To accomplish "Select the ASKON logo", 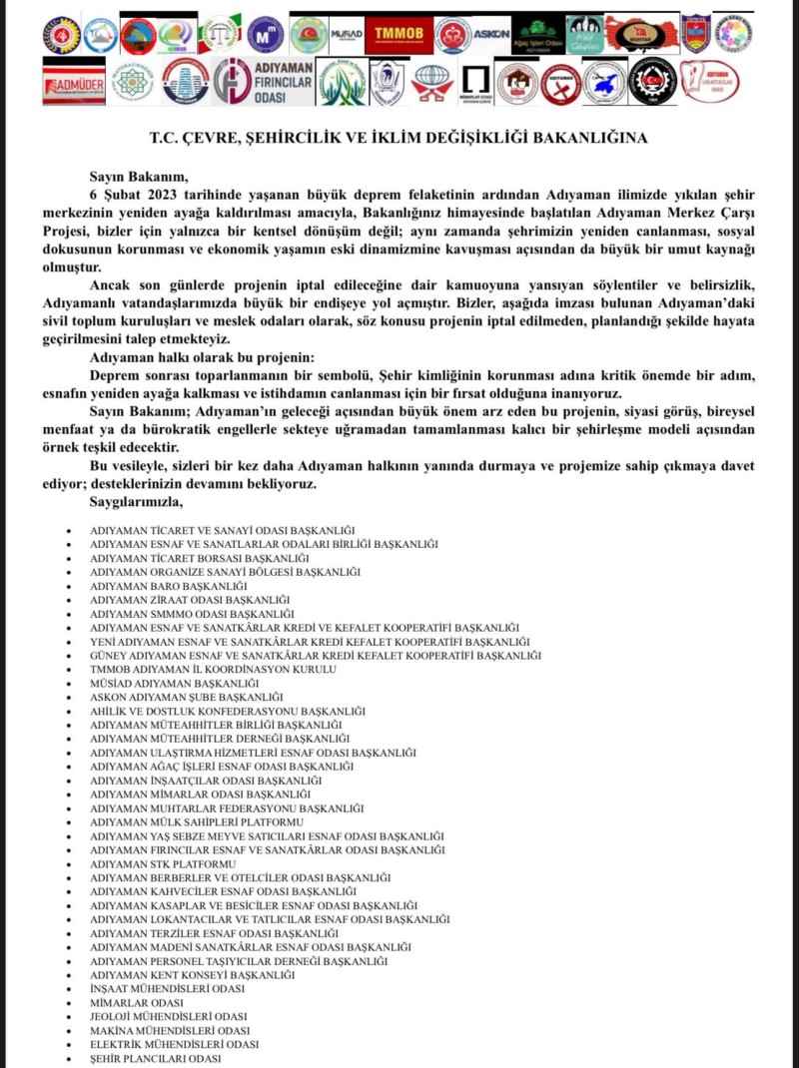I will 490,35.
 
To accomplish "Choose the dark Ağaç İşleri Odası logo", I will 538,35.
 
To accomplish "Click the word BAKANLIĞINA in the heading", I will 589,138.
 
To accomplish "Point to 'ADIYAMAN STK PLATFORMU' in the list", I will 163,863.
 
